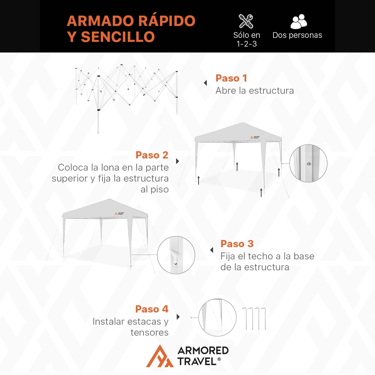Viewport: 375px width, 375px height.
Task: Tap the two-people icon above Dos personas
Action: click(x=299, y=22)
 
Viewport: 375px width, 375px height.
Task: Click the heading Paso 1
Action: click(x=231, y=78)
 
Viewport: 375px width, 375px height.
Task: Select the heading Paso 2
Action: click(x=152, y=155)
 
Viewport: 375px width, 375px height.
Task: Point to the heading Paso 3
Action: click(x=237, y=244)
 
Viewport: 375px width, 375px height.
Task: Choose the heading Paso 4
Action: click(x=152, y=309)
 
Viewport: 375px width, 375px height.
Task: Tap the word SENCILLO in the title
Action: click(x=118, y=37)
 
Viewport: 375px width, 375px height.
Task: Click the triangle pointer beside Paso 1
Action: click(x=205, y=83)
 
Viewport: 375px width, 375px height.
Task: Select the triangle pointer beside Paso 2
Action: click(x=177, y=161)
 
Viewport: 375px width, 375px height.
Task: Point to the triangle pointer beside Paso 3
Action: click(x=212, y=250)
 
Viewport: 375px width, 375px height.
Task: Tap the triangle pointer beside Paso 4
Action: click(x=178, y=317)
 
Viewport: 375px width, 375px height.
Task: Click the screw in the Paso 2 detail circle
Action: click(x=309, y=164)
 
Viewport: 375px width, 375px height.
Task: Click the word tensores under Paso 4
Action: click(x=149, y=332)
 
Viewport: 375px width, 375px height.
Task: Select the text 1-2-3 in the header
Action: click(x=247, y=44)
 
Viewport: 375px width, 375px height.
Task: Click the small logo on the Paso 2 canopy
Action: click(x=255, y=137)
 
